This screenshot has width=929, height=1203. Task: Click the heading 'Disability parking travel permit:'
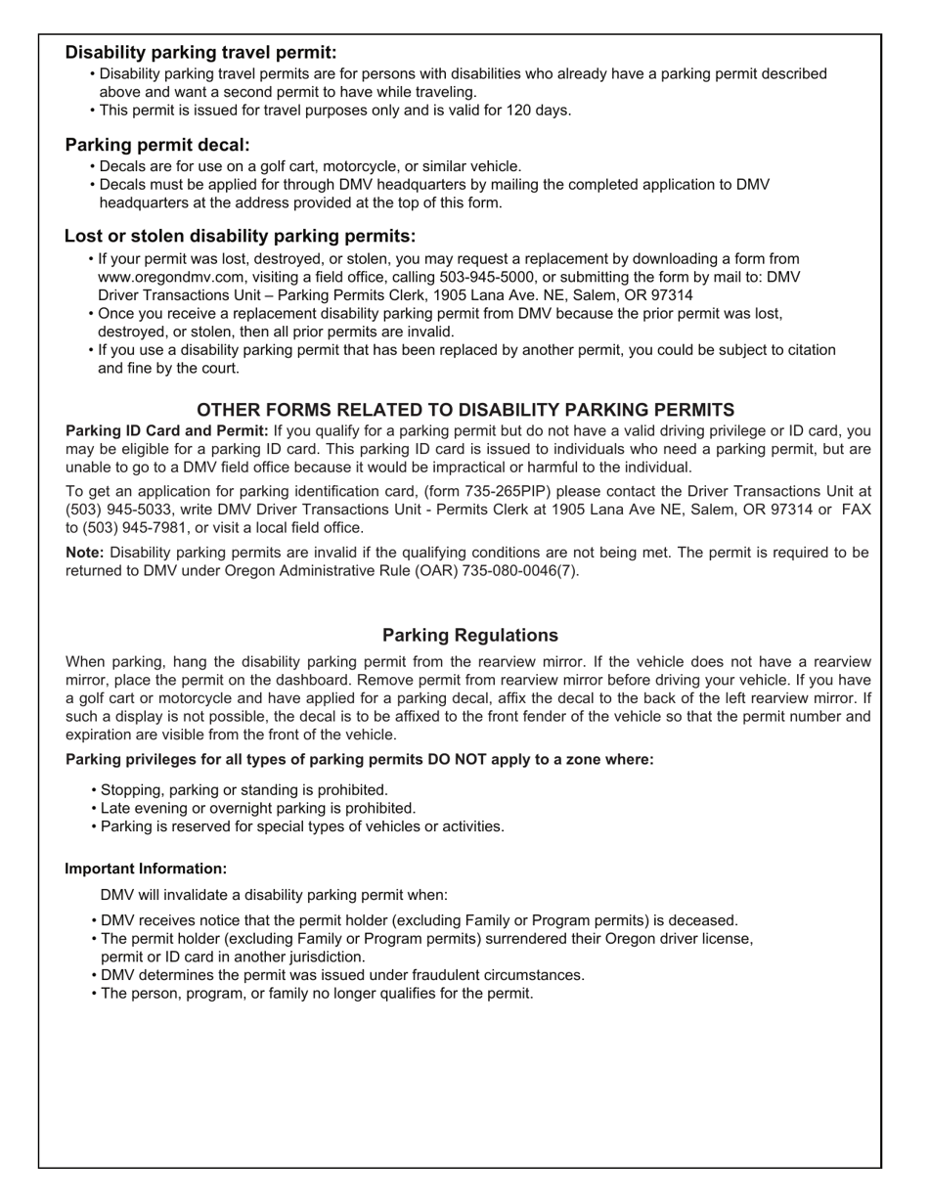click(200, 53)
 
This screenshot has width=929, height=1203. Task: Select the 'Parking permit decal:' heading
click(157, 145)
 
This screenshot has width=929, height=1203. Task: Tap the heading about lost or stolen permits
click(240, 237)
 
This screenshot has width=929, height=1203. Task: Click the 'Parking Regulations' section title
click(470, 635)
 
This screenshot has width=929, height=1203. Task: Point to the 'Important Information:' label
click(146, 869)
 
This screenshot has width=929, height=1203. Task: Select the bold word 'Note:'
click(85, 553)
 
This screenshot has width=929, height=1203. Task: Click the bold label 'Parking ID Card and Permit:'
click(166, 430)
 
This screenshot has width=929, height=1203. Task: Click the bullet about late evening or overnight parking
click(258, 808)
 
